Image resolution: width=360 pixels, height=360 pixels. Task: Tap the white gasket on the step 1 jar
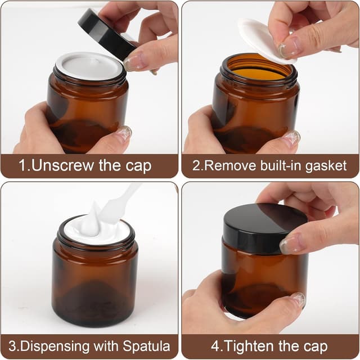point(89,66)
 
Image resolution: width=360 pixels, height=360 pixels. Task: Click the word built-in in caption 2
point(280,166)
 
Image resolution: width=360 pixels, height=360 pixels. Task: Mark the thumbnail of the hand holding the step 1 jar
point(122,133)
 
